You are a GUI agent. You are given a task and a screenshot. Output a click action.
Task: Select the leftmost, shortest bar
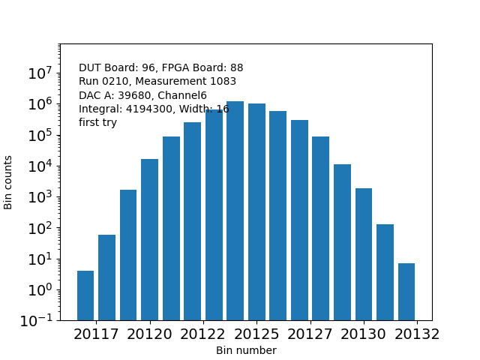click(x=85, y=295)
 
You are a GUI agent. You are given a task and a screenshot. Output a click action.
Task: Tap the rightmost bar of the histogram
click(x=406, y=292)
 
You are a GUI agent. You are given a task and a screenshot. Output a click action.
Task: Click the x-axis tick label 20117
click(x=96, y=334)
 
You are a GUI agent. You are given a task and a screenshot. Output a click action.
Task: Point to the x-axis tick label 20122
click(x=202, y=334)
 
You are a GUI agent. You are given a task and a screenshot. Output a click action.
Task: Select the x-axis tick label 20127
click(x=310, y=334)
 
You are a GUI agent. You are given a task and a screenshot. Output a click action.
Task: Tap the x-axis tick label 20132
click(x=416, y=334)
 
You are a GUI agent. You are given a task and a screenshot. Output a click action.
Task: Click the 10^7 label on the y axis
click(x=39, y=73)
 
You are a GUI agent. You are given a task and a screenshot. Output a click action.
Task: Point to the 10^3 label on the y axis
click(x=39, y=197)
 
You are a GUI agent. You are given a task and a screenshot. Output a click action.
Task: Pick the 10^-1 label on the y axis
click(x=36, y=321)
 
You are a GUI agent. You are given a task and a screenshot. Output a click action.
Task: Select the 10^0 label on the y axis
click(x=39, y=289)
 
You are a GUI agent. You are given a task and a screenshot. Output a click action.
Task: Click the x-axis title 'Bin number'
click(x=246, y=350)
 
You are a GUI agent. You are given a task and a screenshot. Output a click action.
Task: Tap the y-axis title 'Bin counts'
click(x=9, y=182)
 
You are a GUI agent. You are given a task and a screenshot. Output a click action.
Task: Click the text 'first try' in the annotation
click(x=97, y=122)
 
